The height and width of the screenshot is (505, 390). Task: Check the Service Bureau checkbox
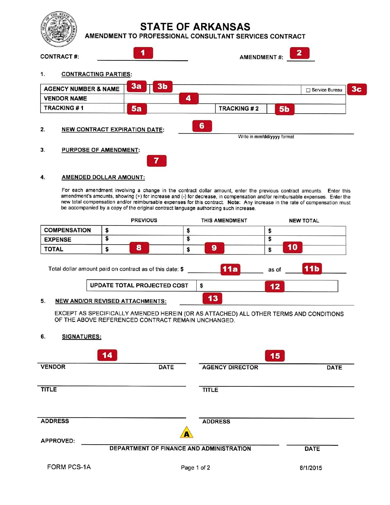coord(308,90)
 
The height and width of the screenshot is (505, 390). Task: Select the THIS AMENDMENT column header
coord(224,220)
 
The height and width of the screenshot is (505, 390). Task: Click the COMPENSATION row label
coord(67,230)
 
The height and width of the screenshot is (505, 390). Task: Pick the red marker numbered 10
coord(292,247)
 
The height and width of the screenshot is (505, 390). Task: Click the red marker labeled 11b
coord(312,269)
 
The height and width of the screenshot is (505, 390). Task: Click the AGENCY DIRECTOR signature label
coord(230,367)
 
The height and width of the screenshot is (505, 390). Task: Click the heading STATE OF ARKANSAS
coord(195,27)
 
